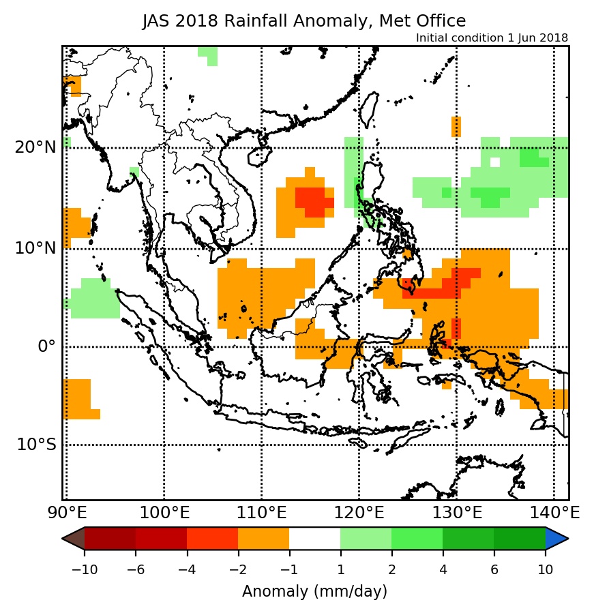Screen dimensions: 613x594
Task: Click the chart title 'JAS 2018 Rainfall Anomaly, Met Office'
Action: (304, 21)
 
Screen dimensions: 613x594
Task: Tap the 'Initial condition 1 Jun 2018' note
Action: (492, 38)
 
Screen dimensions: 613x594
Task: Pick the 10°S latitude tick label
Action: (36, 445)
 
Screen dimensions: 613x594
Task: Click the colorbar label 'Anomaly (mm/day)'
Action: (314, 590)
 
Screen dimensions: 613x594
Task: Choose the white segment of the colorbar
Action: (314, 539)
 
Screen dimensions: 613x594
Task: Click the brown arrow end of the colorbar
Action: (72, 539)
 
